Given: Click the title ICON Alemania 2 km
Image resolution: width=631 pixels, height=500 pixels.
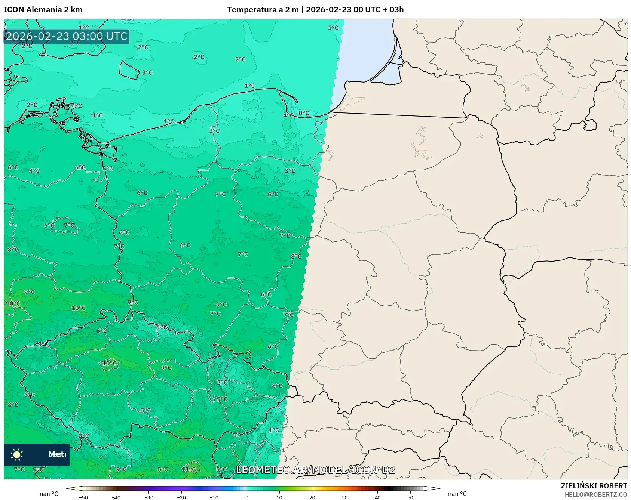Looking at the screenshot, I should [x=43, y=10].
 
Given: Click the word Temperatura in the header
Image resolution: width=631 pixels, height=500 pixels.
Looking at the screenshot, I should [x=244, y=10].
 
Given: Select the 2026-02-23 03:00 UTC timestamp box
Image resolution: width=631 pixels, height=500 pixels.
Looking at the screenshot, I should [x=67, y=37].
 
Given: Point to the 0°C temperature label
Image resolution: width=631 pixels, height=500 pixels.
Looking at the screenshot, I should [x=304, y=113].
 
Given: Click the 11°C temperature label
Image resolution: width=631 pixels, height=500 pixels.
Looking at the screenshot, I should [x=189, y=469].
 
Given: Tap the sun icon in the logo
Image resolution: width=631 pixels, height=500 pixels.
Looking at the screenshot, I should [x=17, y=454].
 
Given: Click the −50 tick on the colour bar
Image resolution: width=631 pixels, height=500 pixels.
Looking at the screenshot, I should [x=83, y=497].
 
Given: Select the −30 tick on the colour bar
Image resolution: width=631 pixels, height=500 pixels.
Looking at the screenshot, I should [x=149, y=497].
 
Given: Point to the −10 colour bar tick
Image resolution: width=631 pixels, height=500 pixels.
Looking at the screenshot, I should [x=214, y=497].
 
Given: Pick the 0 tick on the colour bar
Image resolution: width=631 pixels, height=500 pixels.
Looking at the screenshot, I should [x=247, y=497].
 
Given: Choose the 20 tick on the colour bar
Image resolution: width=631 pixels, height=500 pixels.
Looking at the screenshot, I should [x=312, y=497].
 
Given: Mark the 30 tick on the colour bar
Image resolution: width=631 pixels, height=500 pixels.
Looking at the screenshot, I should [x=345, y=497].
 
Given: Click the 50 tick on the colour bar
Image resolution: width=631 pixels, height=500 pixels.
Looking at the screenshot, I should [x=410, y=497].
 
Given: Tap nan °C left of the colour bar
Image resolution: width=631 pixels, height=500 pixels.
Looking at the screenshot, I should [x=49, y=494].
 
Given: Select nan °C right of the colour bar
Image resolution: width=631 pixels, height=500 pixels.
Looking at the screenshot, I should [x=457, y=494].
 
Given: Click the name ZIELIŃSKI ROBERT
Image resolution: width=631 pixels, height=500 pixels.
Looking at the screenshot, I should [x=594, y=486].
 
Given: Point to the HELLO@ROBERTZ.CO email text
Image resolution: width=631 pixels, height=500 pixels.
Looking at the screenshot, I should [x=595, y=494].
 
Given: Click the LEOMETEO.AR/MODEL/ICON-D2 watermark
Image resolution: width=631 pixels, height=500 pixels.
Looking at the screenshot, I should [x=316, y=470].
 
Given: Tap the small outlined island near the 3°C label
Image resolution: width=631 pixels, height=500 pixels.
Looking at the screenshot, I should [x=129, y=70].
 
